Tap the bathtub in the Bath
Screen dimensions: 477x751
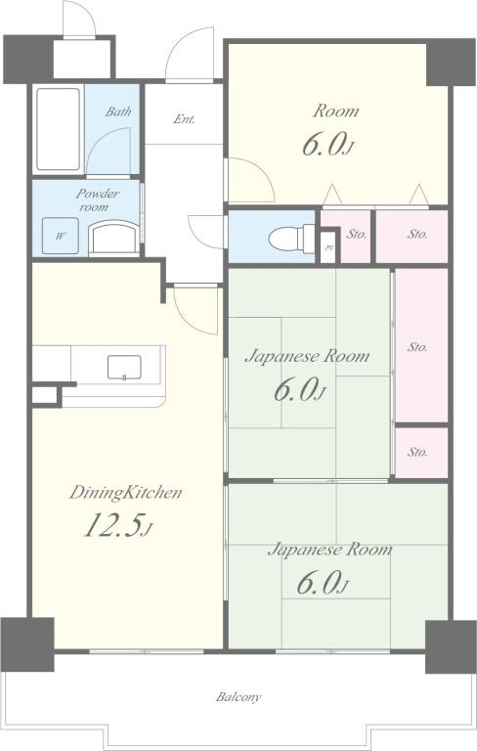pos(58,129)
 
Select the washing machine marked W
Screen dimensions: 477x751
pos(61,236)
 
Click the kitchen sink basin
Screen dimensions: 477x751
pos(124,368)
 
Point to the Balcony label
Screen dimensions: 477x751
pos(238,696)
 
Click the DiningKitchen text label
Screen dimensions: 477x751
pos(125,493)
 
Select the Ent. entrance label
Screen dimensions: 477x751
pos(185,118)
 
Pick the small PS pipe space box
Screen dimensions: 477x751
pos(328,247)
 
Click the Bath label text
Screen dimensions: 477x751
pos(118,111)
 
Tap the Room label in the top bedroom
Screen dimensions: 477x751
pos(335,111)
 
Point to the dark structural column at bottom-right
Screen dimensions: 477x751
pos(451,647)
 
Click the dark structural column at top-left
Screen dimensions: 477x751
pos(27,59)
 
